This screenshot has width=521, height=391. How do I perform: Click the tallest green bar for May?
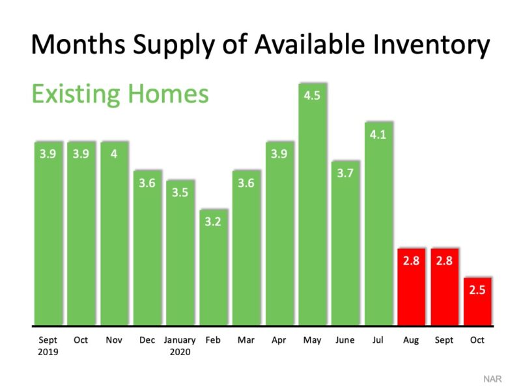tap(313, 204)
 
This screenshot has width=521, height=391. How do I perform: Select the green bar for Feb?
tap(214, 267)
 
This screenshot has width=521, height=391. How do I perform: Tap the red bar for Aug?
tap(412, 287)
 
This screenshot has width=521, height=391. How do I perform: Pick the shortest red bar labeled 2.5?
tap(477, 301)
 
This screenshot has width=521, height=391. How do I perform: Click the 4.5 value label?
tap(312, 96)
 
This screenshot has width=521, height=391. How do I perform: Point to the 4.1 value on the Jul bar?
tap(378, 135)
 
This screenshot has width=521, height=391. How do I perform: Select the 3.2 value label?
tap(213, 222)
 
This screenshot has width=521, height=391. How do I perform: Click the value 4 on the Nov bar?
tap(114, 154)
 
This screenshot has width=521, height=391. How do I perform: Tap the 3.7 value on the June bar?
tap(345, 173)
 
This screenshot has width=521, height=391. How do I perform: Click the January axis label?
tap(180, 340)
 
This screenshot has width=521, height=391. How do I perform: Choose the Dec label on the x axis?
tap(147, 340)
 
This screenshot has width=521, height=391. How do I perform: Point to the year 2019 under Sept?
tap(48, 352)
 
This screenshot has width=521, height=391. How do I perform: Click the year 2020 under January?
tap(180, 352)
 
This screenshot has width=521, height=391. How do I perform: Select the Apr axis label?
tap(279, 340)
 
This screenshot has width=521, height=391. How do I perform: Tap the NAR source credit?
tap(492, 379)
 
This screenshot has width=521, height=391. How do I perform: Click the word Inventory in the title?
tap(431, 45)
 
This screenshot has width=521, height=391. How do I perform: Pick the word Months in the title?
tap(78, 44)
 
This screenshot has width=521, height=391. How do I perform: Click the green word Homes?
tap(168, 94)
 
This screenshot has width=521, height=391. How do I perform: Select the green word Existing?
tap(76, 94)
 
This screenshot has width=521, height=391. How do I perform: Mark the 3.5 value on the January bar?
tap(180, 192)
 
